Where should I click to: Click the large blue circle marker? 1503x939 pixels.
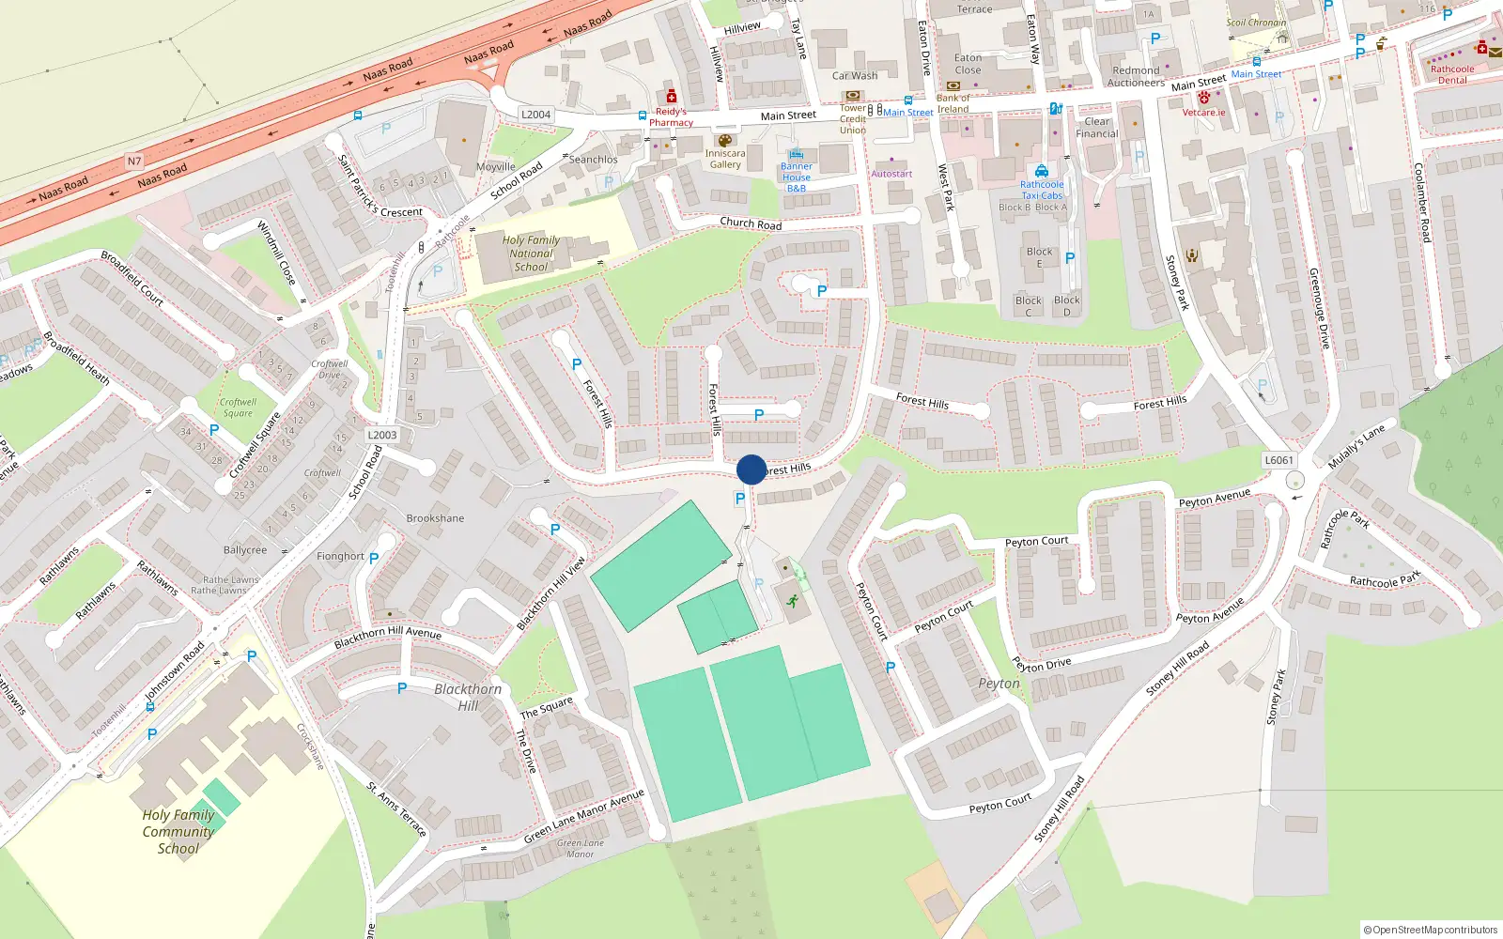click(x=751, y=469)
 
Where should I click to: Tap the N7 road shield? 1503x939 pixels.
click(x=134, y=162)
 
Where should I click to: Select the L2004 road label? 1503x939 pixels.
click(x=535, y=115)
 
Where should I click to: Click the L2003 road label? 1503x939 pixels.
click(x=382, y=435)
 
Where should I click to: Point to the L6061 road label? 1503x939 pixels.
click(x=1278, y=460)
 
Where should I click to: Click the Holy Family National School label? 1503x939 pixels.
click(x=531, y=254)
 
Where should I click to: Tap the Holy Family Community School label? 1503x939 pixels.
click(x=178, y=832)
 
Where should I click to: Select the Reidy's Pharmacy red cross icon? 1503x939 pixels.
click(x=671, y=97)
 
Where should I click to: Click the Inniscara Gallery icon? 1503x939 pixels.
click(x=724, y=141)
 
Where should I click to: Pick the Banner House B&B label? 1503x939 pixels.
click(x=797, y=177)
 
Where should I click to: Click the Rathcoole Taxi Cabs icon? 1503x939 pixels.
click(x=1042, y=171)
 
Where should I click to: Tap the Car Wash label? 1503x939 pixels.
click(x=855, y=76)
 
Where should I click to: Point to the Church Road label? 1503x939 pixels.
click(x=751, y=223)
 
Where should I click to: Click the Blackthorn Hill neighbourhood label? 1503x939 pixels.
click(x=468, y=697)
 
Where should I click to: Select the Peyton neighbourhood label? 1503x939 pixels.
click(x=999, y=684)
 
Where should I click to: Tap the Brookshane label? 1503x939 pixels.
click(x=435, y=518)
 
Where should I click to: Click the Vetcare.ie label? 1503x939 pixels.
click(x=1204, y=113)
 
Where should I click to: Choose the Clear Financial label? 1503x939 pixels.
click(x=1097, y=128)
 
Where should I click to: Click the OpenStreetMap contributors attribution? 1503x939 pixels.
click(x=1431, y=931)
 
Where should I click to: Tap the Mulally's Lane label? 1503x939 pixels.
click(x=1356, y=447)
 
